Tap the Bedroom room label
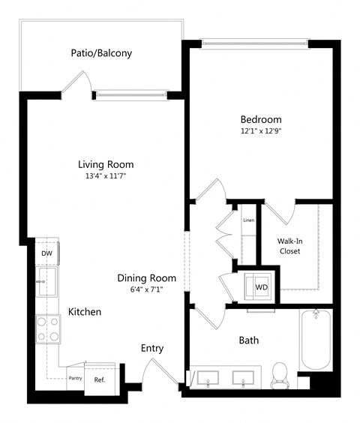[260, 119]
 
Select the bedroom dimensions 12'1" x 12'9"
[260, 131]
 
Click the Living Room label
[106, 164]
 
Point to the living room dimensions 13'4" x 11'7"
[106, 176]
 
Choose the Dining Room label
[146, 277]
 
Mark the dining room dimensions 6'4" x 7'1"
[146, 289]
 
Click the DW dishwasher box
[46, 253]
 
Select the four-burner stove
[48, 328]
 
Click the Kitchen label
[85, 311]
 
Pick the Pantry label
[75, 378]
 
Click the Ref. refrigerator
[100, 378]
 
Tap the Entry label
[152, 349]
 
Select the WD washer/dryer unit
[261, 287]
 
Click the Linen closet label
[248, 220]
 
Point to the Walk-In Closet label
[289, 245]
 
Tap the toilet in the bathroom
[280, 373]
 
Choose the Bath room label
[248, 340]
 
